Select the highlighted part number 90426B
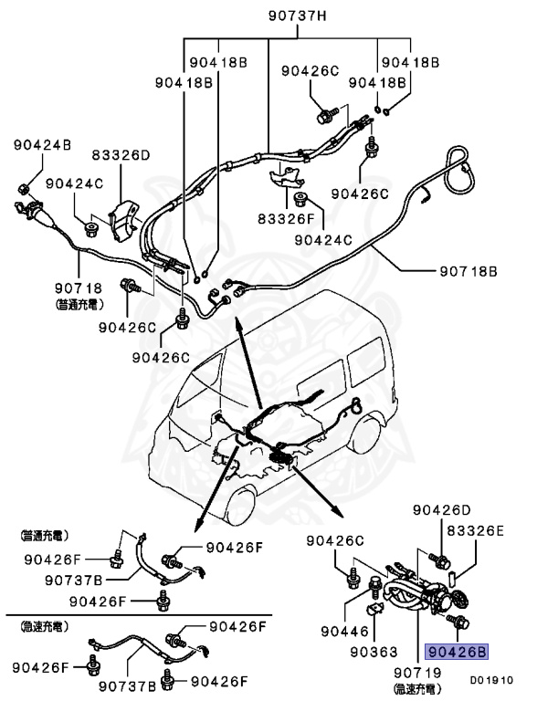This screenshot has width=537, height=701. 457,652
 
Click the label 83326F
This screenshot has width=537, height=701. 285,220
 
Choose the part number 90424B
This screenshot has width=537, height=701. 42,144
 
